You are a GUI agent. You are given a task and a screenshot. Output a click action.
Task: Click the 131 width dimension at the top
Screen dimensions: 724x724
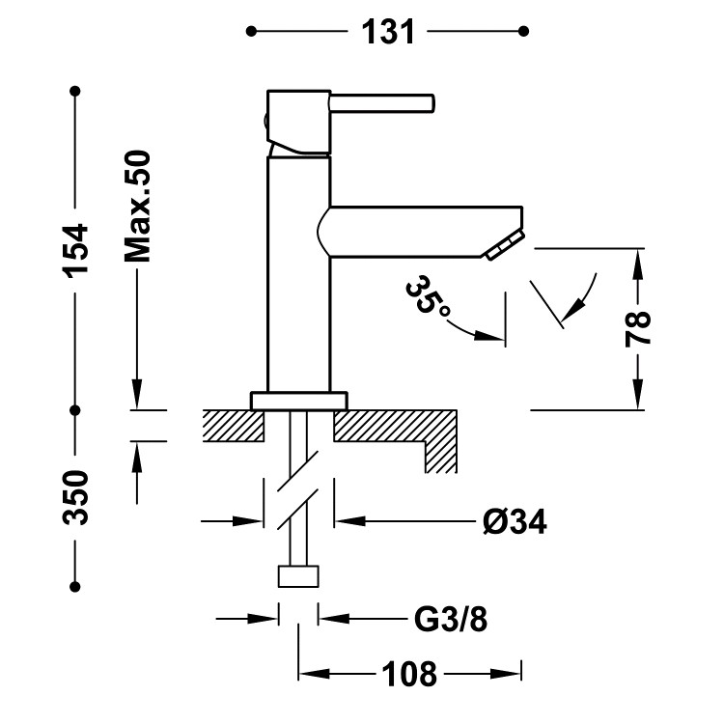[388, 32]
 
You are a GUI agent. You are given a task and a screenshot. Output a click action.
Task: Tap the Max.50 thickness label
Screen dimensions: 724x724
[138, 206]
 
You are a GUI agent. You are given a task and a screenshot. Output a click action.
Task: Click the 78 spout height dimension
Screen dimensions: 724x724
[638, 328]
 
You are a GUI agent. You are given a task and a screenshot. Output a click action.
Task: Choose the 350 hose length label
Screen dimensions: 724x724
[76, 497]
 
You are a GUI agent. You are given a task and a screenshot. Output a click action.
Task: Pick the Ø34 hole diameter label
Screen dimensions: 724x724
[515, 522]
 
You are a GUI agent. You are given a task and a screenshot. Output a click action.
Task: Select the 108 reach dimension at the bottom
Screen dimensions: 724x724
[410, 673]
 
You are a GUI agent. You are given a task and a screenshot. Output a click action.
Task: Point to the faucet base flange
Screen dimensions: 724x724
[298, 400]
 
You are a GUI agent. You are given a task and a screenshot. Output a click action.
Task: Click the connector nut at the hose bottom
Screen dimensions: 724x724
[298, 576]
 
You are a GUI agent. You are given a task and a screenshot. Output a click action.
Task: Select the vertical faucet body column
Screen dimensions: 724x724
[298, 270]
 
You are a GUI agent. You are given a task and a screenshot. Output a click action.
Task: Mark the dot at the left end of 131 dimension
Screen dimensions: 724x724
[252, 32]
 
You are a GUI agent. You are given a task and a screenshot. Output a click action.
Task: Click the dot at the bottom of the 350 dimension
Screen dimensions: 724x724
[76, 586]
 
